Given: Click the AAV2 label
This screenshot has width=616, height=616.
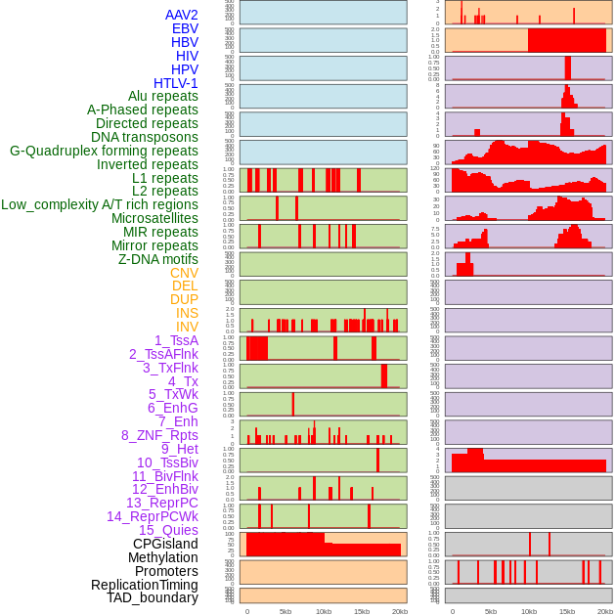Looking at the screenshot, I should pos(182,15).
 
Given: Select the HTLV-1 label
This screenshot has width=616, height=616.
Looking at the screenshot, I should pos(176,83).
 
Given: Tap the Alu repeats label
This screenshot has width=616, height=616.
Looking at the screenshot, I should pos(163,96).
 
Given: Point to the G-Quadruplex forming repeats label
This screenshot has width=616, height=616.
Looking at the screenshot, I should pos(104,151).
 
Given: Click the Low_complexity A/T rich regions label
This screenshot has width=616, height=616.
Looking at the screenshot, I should pos(100,204).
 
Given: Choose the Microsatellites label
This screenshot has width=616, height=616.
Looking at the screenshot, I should pos(154,218).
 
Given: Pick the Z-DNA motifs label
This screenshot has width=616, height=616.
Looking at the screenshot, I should pos(158,259).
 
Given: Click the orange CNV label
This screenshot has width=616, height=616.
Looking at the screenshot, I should pos(184,273).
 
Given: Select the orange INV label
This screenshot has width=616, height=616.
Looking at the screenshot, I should pos(187,327).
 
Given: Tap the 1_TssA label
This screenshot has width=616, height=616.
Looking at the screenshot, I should pos(176,340).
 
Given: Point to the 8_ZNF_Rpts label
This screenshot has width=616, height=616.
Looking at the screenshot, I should pos(159,435).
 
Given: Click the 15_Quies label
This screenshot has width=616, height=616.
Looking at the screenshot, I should pos(168,530).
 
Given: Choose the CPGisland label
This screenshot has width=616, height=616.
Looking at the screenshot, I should pos(165,544).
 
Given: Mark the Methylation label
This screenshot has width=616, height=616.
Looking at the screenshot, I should pos(163,557).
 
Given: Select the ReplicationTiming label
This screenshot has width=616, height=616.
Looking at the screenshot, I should pos(145,585).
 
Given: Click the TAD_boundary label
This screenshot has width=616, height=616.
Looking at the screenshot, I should pos(153,597).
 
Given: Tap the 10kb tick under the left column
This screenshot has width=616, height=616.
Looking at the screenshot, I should pos(323,611).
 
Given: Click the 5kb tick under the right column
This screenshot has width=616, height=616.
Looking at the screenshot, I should pos(490,611).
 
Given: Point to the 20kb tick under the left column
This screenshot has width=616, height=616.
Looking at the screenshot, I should pos(399,611).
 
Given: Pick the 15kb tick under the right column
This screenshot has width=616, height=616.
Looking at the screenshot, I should pos(566,611).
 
